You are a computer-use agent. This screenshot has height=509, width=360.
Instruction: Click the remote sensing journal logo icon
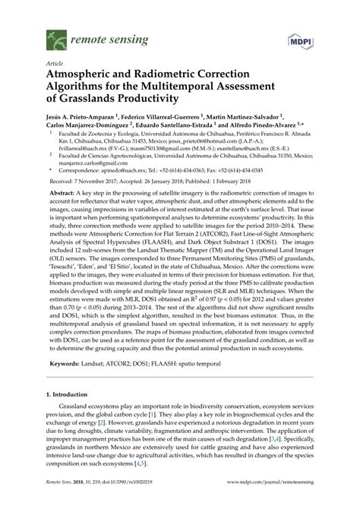55,33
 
